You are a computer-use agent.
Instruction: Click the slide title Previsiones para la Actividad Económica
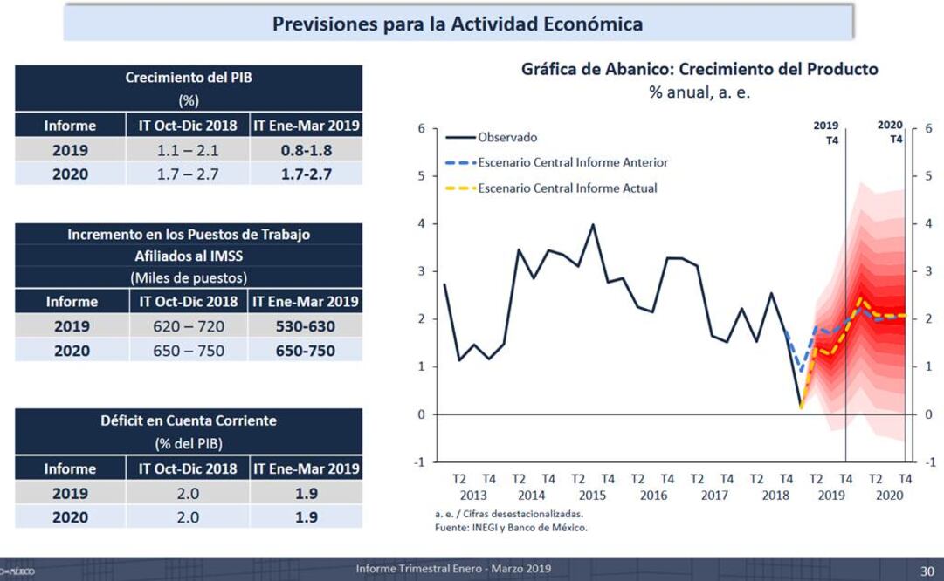(x=458, y=24)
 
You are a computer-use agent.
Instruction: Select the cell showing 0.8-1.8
(x=306, y=150)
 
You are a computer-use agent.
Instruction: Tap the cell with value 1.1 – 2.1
(x=188, y=150)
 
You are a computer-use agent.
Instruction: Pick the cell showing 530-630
(x=306, y=326)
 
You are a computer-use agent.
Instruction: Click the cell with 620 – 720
(x=188, y=326)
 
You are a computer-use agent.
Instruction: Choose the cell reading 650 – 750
(x=188, y=351)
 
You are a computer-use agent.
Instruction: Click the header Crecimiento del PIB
(x=188, y=77)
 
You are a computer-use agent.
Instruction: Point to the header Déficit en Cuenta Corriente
(x=188, y=420)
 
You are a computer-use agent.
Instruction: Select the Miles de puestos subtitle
(x=188, y=277)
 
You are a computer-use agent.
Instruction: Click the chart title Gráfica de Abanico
(x=699, y=69)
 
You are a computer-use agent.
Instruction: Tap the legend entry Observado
(x=507, y=137)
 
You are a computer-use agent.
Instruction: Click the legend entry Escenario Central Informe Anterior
(x=572, y=162)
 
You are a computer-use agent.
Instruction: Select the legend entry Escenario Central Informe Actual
(x=567, y=188)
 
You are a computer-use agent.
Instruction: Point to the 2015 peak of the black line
(x=593, y=225)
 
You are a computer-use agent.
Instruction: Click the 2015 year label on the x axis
(x=593, y=495)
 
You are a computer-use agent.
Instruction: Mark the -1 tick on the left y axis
(x=420, y=461)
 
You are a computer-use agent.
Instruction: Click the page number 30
(x=927, y=571)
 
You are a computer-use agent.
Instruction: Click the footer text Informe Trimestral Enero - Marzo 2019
(x=453, y=569)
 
